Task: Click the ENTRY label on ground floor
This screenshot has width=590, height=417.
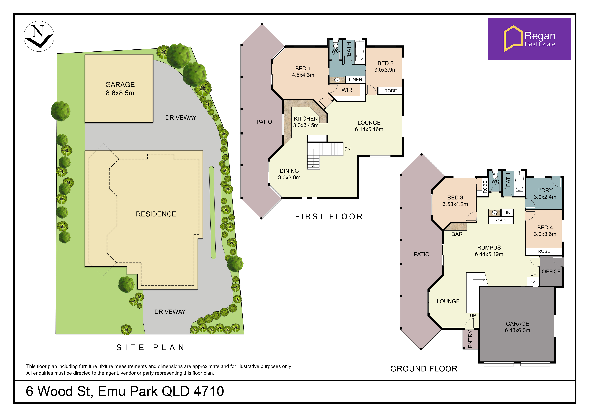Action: coord(470,339)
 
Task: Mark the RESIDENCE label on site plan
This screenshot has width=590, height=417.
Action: coord(156,214)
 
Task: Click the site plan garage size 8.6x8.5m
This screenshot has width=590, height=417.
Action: coord(120,93)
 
